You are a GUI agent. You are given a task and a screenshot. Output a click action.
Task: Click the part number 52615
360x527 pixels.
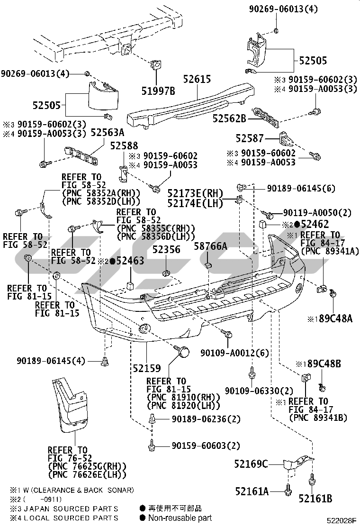[197, 79]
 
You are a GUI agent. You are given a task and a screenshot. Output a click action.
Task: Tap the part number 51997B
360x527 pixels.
[158, 91]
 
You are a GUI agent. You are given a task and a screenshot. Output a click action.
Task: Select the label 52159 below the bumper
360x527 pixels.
[147, 368]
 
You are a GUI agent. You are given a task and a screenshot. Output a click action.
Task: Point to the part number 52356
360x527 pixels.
[166, 249]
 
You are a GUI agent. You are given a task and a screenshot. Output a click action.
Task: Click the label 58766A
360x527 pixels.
[211, 246]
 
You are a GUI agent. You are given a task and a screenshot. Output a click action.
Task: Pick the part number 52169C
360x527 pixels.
[251, 464]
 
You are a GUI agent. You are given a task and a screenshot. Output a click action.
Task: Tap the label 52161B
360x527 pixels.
[315, 498]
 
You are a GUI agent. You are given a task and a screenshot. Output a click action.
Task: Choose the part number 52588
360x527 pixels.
[124, 145]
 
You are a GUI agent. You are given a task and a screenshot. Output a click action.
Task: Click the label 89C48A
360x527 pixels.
[335, 318]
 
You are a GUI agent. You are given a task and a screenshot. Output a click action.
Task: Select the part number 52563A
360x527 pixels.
[108, 133]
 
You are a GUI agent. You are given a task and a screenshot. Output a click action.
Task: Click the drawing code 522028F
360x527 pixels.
[342, 521]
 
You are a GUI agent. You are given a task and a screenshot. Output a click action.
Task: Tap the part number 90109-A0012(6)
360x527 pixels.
[235, 353]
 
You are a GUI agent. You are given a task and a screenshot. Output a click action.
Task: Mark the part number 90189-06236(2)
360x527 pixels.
[206, 419]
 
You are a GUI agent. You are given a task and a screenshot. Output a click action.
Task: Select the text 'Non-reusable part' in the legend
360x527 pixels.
[180, 518]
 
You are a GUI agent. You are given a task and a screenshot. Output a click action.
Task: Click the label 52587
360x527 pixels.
[250, 138]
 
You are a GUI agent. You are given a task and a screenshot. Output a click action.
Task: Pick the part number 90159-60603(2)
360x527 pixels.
[206, 445]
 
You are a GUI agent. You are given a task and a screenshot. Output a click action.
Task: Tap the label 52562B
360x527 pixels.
[229, 118]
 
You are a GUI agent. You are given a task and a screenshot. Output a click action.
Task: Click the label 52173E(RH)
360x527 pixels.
[196, 193]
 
